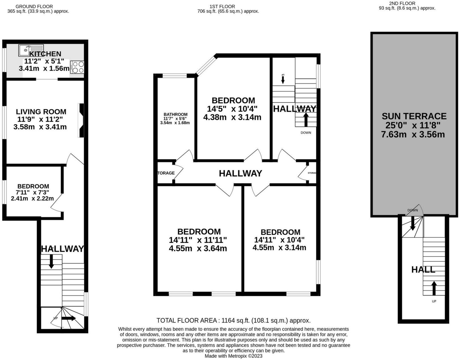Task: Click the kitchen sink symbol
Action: (31, 50)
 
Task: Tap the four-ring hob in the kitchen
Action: (77, 67)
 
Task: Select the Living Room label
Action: (41, 112)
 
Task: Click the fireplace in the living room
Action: (81, 120)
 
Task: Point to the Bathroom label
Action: (176, 114)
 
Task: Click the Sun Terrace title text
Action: (414, 116)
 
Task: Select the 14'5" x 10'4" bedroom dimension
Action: (232, 109)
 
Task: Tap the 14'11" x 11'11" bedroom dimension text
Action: (198, 240)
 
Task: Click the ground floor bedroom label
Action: (33, 186)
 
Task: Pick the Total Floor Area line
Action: (234, 321)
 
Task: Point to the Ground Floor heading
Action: (34, 7)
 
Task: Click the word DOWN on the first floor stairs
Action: (306, 133)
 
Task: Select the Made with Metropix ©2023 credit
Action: (234, 356)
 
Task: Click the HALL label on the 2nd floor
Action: (423, 270)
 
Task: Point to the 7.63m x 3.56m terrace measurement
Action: (413, 134)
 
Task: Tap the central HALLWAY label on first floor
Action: (241, 173)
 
